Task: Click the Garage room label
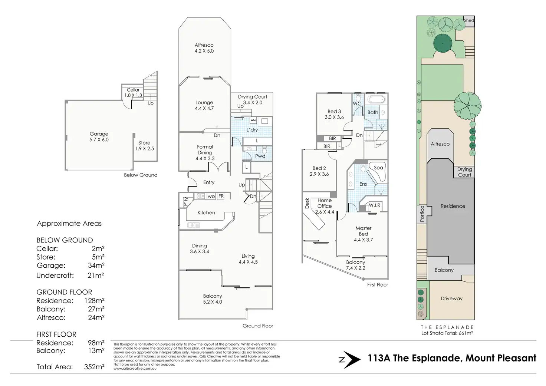pyautogui.click(x=99, y=134)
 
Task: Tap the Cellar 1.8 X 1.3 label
pyautogui.click(x=133, y=93)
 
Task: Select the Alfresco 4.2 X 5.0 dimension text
pyautogui.click(x=204, y=51)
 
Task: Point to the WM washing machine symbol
pyautogui.click(x=253, y=120)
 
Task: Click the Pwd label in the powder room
pyautogui.click(x=260, y=156)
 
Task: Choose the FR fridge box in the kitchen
pyautogui.click(x=221, y=196)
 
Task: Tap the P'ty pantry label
pyautogui.click(x=185, y=202)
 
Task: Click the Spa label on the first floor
pyautogui.click(x=378, y=168)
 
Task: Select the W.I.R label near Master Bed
pyautogui.click(x=374, y=205)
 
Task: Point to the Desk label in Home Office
pyautogui.click(x=307, y=203)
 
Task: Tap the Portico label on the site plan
pyautogui.click(x=422, y=214)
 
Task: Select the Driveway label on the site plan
pyautogui.click(x=451, y=298)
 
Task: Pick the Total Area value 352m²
pyautogui.click(x=94, y=367)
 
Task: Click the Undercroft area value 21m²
pyautogui.click(x=96, y=276)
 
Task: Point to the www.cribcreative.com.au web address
pyautogui.click(x=135, y=369)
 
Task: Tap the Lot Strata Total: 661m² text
pyautogui.click(x=447, y=333)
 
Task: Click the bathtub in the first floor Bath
pyautogui.click(x=376, y=100)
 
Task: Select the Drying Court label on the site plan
pyautogui.click(x=464, y=172)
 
